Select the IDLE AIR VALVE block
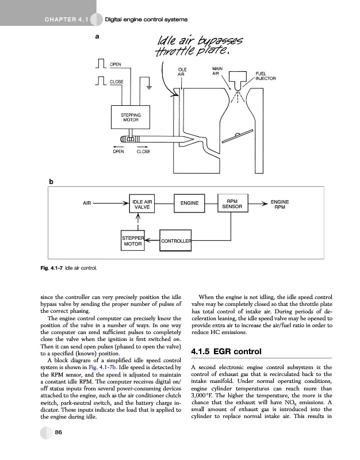coord(142,205)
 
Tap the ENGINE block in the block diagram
coord(189,203)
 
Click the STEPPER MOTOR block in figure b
coord(132,240)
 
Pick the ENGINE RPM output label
coord(280,204)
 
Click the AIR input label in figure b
coord(87,203)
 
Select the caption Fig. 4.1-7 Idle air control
coord(72,268)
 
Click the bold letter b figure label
coord(51,182)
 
